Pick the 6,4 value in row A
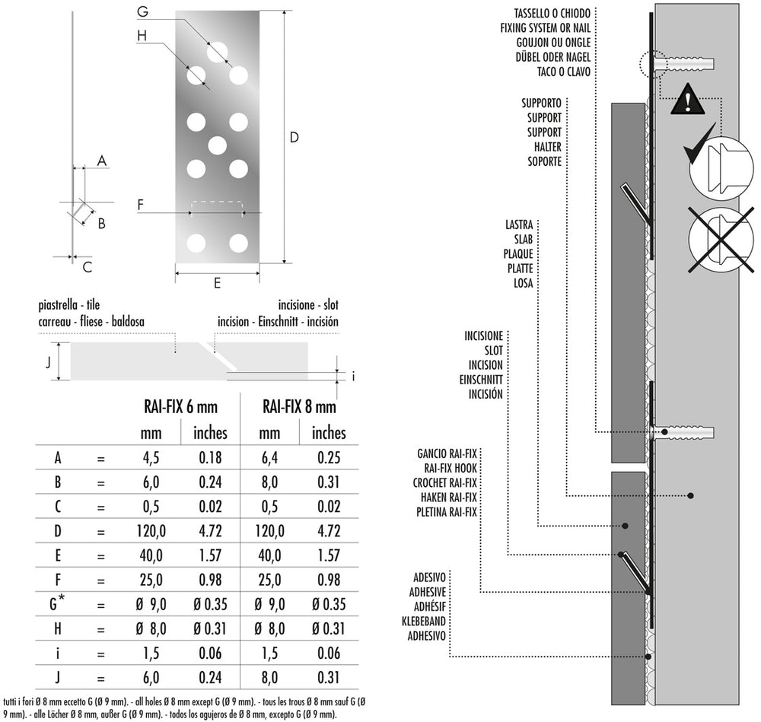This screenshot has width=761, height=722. (x=270, y=458)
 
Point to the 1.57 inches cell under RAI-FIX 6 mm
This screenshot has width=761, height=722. (x=209, y=555)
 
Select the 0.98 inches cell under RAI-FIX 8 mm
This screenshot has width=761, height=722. (x=328, y=580)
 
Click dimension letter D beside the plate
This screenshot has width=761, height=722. (x=295, y=138)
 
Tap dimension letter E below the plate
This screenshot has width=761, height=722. (x=217, y=283)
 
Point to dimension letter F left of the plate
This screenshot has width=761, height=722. (x=141, y=204)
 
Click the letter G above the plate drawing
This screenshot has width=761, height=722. (x=142, y=11)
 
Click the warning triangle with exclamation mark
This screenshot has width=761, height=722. (x=688, y=100)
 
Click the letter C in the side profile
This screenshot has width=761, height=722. (x=88, y=266)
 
